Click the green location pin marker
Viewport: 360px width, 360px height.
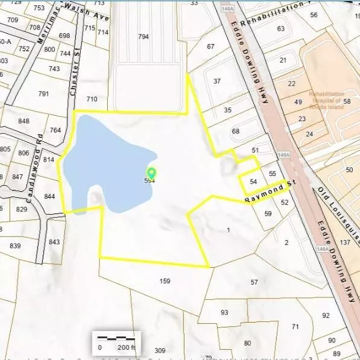151,174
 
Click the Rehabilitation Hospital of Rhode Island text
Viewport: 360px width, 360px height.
326,97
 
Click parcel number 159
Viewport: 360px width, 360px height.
165,281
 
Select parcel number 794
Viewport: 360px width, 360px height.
143,37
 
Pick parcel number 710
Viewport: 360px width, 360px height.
92,99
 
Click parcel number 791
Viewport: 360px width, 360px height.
43,93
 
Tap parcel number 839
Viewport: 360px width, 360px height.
15,245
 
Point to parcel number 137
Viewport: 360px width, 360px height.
345,242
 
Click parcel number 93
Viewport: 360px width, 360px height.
224,312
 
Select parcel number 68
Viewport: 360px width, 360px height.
236,131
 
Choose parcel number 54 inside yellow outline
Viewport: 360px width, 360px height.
253,182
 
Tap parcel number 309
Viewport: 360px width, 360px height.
160,350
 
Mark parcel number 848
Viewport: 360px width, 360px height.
24,121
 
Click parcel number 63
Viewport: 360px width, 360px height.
280,28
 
